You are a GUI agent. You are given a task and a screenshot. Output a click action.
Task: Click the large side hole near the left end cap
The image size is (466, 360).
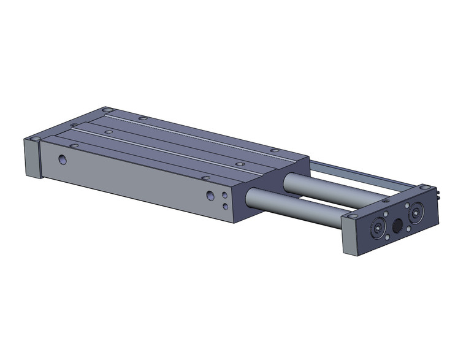pos(62,159)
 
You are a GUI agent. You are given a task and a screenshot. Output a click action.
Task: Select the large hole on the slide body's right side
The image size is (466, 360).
pos(210,196)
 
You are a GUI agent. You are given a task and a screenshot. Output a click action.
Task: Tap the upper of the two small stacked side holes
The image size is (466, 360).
pos(225,195)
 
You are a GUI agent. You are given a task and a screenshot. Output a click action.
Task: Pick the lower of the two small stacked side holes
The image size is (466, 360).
pos(226,205)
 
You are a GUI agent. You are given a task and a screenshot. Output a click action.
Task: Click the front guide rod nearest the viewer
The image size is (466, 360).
pos(294,209)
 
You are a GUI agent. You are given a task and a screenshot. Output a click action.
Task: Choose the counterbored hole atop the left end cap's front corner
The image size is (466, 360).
pos(36,140)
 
